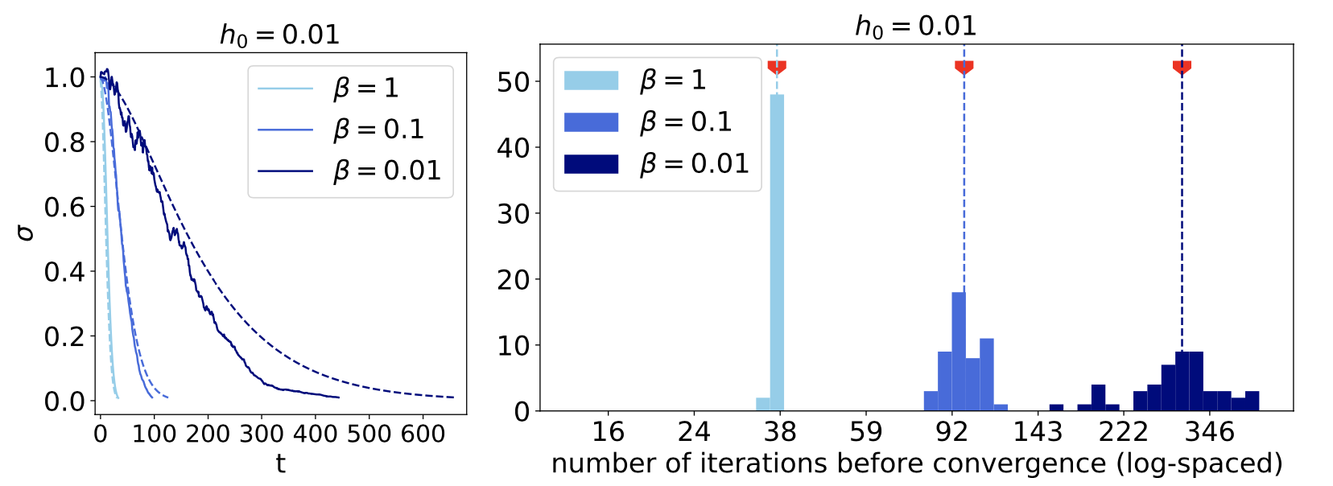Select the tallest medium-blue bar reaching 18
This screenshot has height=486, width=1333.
coord(958,351)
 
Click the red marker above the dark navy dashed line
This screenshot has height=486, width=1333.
coord(1182,68)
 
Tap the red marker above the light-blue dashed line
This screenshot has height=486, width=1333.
coord(777,68)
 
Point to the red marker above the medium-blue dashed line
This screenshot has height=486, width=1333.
coord(964,68)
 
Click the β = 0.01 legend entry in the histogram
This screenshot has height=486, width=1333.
coord(657,164)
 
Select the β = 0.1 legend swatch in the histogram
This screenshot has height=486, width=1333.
coord(591,122)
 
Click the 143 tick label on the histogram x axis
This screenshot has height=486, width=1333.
coord(1038,433)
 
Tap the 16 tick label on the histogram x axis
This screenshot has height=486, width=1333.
coord(608,433)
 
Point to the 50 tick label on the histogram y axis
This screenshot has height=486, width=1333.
coord(513,82)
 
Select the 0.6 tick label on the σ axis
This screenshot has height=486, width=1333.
coord(64,208)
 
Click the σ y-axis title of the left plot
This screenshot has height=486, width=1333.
coord(26,233)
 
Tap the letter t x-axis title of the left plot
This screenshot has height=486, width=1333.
coord(280,464)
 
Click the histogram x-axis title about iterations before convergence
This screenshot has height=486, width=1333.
coord(917,464)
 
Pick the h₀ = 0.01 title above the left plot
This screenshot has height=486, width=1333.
coord(280,35)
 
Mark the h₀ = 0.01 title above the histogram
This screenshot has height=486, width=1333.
coord(916,27)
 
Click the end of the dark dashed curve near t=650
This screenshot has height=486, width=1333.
coord(453,397)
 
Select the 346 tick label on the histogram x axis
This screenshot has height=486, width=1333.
coord(1210,433)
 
